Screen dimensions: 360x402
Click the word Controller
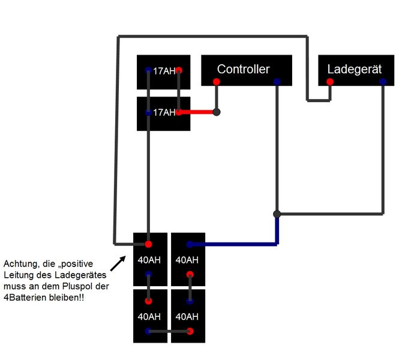(x=243, y=69)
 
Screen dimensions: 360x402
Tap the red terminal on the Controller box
(x=217, y=82)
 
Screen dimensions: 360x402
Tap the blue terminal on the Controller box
(x=277, y=82)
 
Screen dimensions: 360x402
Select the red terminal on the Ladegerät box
(x=329, y=82)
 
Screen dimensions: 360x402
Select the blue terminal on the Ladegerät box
(x=383, y=82)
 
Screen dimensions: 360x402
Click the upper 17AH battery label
(x=164, y=71)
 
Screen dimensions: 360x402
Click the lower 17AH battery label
(x=164, y=112)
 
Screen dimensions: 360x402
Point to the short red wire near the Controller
(x=198, y=112)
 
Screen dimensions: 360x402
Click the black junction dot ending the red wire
(x=217, y=112)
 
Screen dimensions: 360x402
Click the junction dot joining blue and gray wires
(x=277, y=214)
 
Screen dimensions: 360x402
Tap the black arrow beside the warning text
(x=119, y=262)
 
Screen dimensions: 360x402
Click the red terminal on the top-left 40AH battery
(x=148, y=244)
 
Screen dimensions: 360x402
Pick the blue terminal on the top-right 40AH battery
(x=190, y=244)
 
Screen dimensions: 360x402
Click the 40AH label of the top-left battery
(x=148, y=260)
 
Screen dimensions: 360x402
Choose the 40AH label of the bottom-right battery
(x=187, y=316)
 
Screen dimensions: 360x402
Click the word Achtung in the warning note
(x=19, y=263)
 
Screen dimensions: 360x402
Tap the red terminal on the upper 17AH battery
(x=179, y=70)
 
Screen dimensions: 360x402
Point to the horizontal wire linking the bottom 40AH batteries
(x=169, y=331)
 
